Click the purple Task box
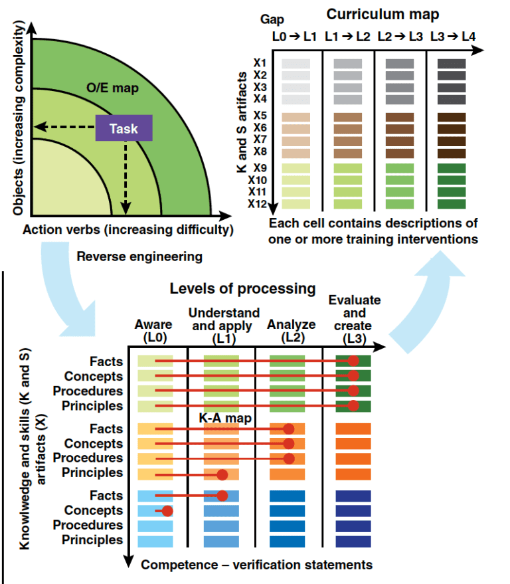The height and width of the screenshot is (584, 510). (124, 128)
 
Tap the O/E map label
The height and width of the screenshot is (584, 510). (109, 87)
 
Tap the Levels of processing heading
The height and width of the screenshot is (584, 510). (242, 288)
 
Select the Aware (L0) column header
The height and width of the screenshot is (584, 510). (153, 331)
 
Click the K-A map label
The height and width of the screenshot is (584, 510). (216, 419)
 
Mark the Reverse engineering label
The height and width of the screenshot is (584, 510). (139, 256)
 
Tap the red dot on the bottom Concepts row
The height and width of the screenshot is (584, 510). (167, 511)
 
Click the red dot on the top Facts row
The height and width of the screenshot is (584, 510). (353, 361)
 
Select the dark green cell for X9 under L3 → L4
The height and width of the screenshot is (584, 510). (452, 168)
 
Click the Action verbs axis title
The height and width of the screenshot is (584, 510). (128, 230)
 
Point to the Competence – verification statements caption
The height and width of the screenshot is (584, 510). (256, 565)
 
